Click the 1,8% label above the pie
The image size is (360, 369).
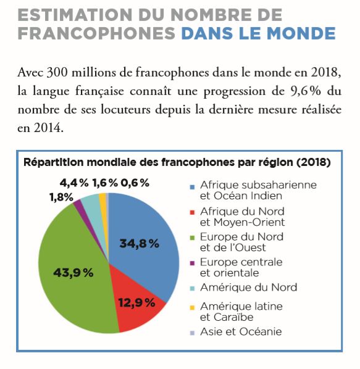click(62, 197)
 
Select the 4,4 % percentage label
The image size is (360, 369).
click(74, 183)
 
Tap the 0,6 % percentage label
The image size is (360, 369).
click(135, 183)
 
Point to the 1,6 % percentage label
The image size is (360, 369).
click(105, 183)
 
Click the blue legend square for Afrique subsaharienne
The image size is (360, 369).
click(193, 187)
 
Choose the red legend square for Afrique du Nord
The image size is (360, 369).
click(193, 212)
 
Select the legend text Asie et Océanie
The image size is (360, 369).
click(241, 332)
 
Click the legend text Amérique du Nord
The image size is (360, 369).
click(249, 288)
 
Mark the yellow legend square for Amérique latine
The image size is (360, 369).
click(193, 307)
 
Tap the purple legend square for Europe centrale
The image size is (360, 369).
click(193, 263)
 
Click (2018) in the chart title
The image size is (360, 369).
click(314, 162)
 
